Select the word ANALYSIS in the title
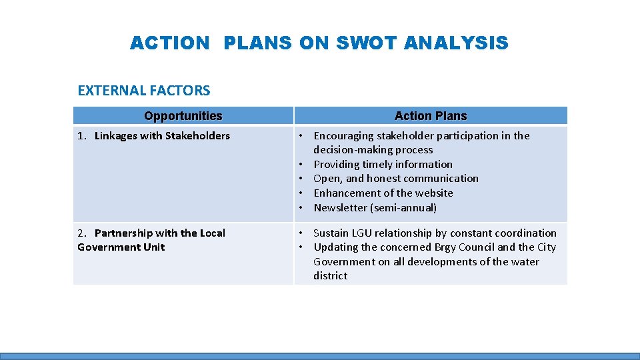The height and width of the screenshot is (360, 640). pyautogui.click(x=456, y=43)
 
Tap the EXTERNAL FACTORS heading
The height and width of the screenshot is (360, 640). pyautogui.click(x=144, y=91)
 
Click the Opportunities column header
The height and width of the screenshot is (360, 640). pyautogui.click(x=183, y=116)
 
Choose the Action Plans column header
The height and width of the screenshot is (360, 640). pyautogui.click(x=431, y=116)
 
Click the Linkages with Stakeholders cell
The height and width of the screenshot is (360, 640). pyautogui.click(x=162, y=136)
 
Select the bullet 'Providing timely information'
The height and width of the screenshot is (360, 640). pyautogui.click(x=383, y=164)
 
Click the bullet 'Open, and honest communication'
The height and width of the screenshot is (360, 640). pyautogui.click(x=396, y=179)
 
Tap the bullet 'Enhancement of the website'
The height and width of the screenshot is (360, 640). pyautogui.click(x=383, y=193)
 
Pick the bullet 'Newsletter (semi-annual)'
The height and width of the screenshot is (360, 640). pyautogui.click(x=375, y=208)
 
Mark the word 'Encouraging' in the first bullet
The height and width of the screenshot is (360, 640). pyautogui.click(x=343, y=136)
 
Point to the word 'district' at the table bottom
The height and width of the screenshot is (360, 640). pyautogui.click(x=330, y=276)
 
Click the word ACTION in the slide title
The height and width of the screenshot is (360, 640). pyautogui.click(x=169, y=43)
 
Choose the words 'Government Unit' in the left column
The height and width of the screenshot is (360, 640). pyautogui.click(x=121, y=247)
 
